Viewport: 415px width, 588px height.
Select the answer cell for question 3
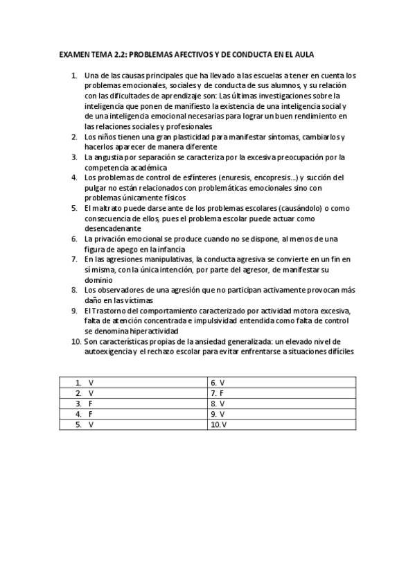point(134,402)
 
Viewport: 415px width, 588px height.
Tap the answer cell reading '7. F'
point(282,392)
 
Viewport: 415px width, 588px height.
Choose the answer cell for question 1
point(134,382)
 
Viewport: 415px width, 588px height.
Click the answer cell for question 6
point(282,382)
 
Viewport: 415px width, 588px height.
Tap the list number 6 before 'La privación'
point(74,239)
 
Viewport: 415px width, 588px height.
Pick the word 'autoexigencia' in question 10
point(109,352)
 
